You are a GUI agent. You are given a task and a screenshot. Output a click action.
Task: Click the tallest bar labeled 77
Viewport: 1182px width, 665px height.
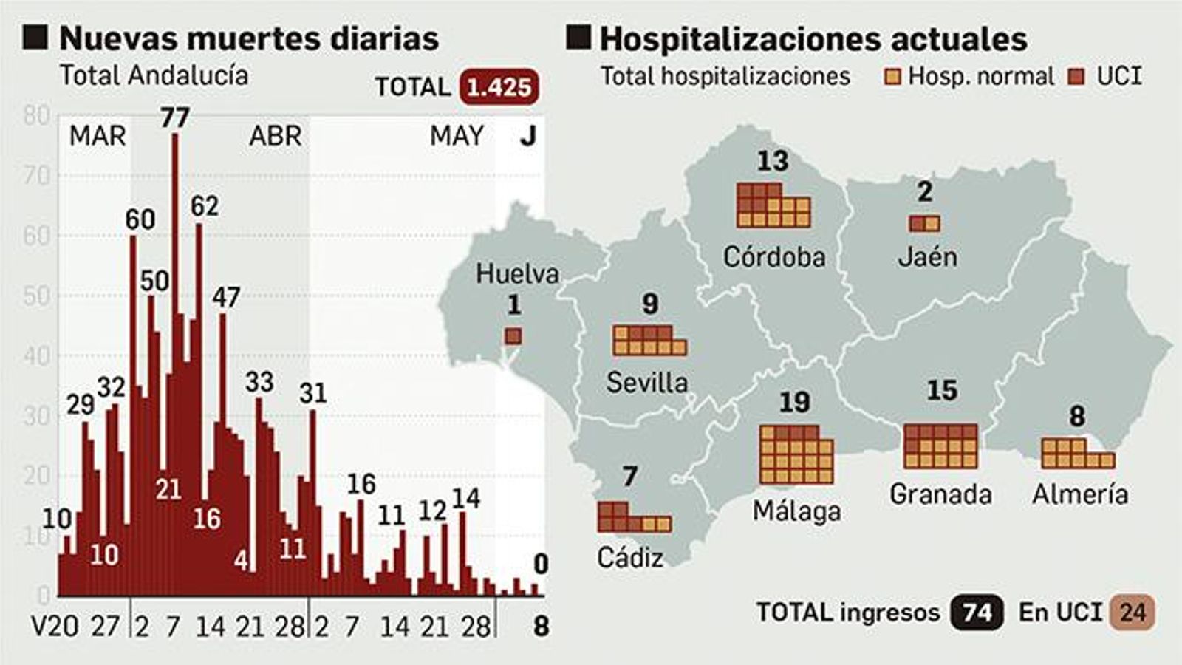[175, 362]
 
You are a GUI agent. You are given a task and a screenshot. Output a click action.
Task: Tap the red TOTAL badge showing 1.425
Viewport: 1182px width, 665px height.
[499, 87]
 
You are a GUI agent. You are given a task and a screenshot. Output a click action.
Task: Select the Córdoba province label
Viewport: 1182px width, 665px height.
[773, 257]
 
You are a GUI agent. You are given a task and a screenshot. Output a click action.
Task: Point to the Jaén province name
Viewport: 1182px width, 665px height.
[927, 257]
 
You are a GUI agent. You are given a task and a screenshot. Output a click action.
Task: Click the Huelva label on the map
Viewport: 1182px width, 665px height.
[517, 274]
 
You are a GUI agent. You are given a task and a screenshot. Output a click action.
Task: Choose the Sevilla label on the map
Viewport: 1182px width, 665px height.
[647, 383]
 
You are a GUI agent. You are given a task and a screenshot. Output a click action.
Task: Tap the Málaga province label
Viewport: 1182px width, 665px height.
[796, 511]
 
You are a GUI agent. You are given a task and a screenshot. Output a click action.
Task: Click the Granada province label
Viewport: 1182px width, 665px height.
[940, 494]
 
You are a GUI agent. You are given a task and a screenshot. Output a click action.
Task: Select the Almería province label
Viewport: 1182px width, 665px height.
[1080, 494]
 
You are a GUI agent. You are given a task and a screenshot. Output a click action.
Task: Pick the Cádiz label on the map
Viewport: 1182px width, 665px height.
[630, 558]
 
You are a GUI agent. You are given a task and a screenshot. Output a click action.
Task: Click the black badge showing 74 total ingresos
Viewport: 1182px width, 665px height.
[977, 613]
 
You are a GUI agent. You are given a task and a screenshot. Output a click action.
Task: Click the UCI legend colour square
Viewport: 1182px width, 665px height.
[1077, 77]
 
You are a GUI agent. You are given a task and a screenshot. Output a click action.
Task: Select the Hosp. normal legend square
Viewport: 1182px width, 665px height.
[892, 77]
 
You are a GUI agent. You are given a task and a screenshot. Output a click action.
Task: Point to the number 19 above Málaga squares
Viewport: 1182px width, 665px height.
[794, 403]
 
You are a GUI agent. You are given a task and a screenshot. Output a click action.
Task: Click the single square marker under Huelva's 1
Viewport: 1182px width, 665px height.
[513, 337]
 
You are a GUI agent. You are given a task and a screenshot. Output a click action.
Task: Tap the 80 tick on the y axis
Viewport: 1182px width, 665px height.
[37, 116]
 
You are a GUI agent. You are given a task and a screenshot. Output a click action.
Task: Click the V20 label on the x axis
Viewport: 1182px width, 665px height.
[55, 627]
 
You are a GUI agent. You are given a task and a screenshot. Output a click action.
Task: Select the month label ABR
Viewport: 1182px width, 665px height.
[275, 136]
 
